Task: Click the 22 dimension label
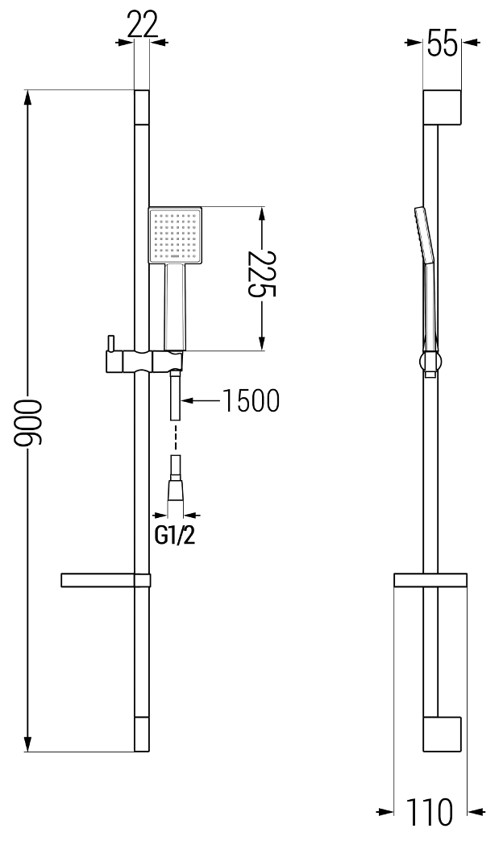[x=142, y=24]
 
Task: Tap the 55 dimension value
[x=443, y=43]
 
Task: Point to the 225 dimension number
[x=261, y=274]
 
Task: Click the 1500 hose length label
[x=251, y=400]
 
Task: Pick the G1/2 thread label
[x=174, y=535]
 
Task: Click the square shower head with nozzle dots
[x=175, y=236]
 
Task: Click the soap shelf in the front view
[x=106, y=580]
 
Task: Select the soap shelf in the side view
[x=430, y=580]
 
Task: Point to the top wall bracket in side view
[x=442, y=107]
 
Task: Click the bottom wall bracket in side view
[x=442, y=734]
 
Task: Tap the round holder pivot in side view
[x=430, y=361]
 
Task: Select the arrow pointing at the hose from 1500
[x=202, y=400]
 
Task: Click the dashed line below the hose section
[x=175, y=437]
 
